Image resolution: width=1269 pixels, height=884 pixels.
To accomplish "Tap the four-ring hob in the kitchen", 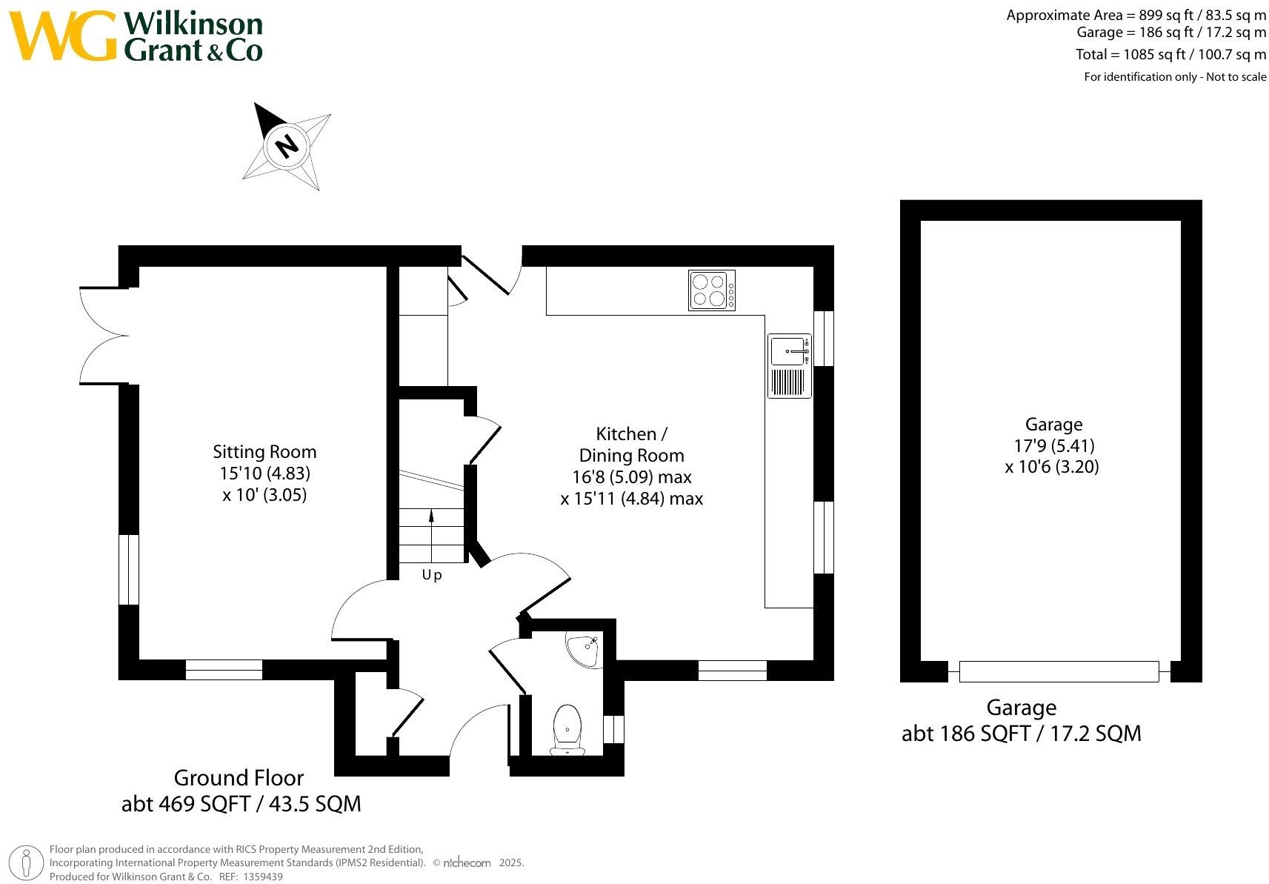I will point(711,290).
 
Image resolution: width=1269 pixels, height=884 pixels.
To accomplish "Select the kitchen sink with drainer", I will point(789,365).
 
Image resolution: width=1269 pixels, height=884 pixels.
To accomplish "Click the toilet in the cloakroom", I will point(567,729).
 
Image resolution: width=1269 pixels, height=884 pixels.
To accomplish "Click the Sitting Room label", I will point(264,452).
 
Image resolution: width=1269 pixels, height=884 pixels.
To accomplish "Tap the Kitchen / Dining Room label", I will point(631,445).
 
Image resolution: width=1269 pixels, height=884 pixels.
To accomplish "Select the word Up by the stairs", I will point(432,575).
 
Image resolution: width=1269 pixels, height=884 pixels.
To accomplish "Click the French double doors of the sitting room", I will point(104,336).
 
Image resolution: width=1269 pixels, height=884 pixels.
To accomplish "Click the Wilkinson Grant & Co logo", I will point(137,36).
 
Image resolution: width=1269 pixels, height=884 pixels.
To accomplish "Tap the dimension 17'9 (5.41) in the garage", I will point(1053,445).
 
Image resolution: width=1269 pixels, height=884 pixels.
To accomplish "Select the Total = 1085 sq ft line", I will point(1170,55).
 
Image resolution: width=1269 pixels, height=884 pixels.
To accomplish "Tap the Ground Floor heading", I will point(239,778).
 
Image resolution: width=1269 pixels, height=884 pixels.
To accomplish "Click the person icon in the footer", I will point(27,863).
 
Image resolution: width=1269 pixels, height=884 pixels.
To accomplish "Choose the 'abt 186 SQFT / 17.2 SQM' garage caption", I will point(1021,734).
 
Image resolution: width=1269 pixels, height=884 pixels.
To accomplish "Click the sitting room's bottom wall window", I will point(224,670).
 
